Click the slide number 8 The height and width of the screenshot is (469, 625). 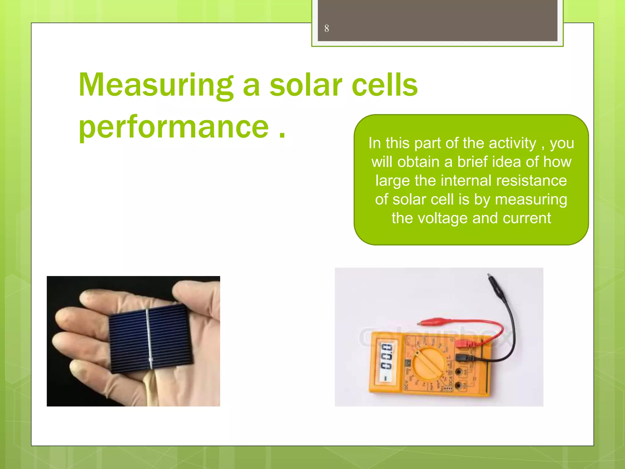tap(327, 28)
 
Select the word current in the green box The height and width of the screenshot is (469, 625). tap(527, 218)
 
